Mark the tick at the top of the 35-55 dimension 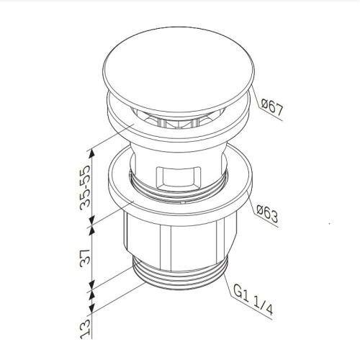90,148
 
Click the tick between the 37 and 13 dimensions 90,292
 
